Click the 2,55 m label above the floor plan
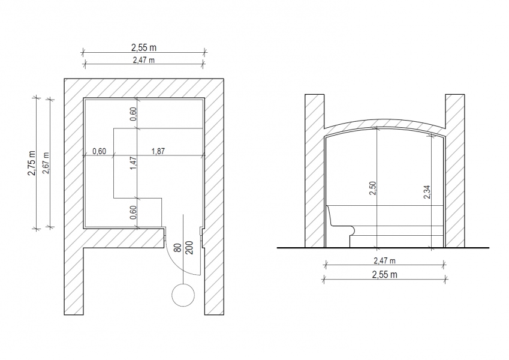tap(144, 47)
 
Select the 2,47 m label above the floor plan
tap(143, 60)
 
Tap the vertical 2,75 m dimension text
tap(32, 163)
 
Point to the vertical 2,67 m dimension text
tap(46, 163)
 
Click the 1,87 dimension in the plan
tap(158, 151)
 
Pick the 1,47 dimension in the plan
tap(133, 163)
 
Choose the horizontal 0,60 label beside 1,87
tap(99, 151)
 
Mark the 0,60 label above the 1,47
tap(133, 114)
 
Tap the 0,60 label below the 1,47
tap(133, 212)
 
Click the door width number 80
tap(178, 248)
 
